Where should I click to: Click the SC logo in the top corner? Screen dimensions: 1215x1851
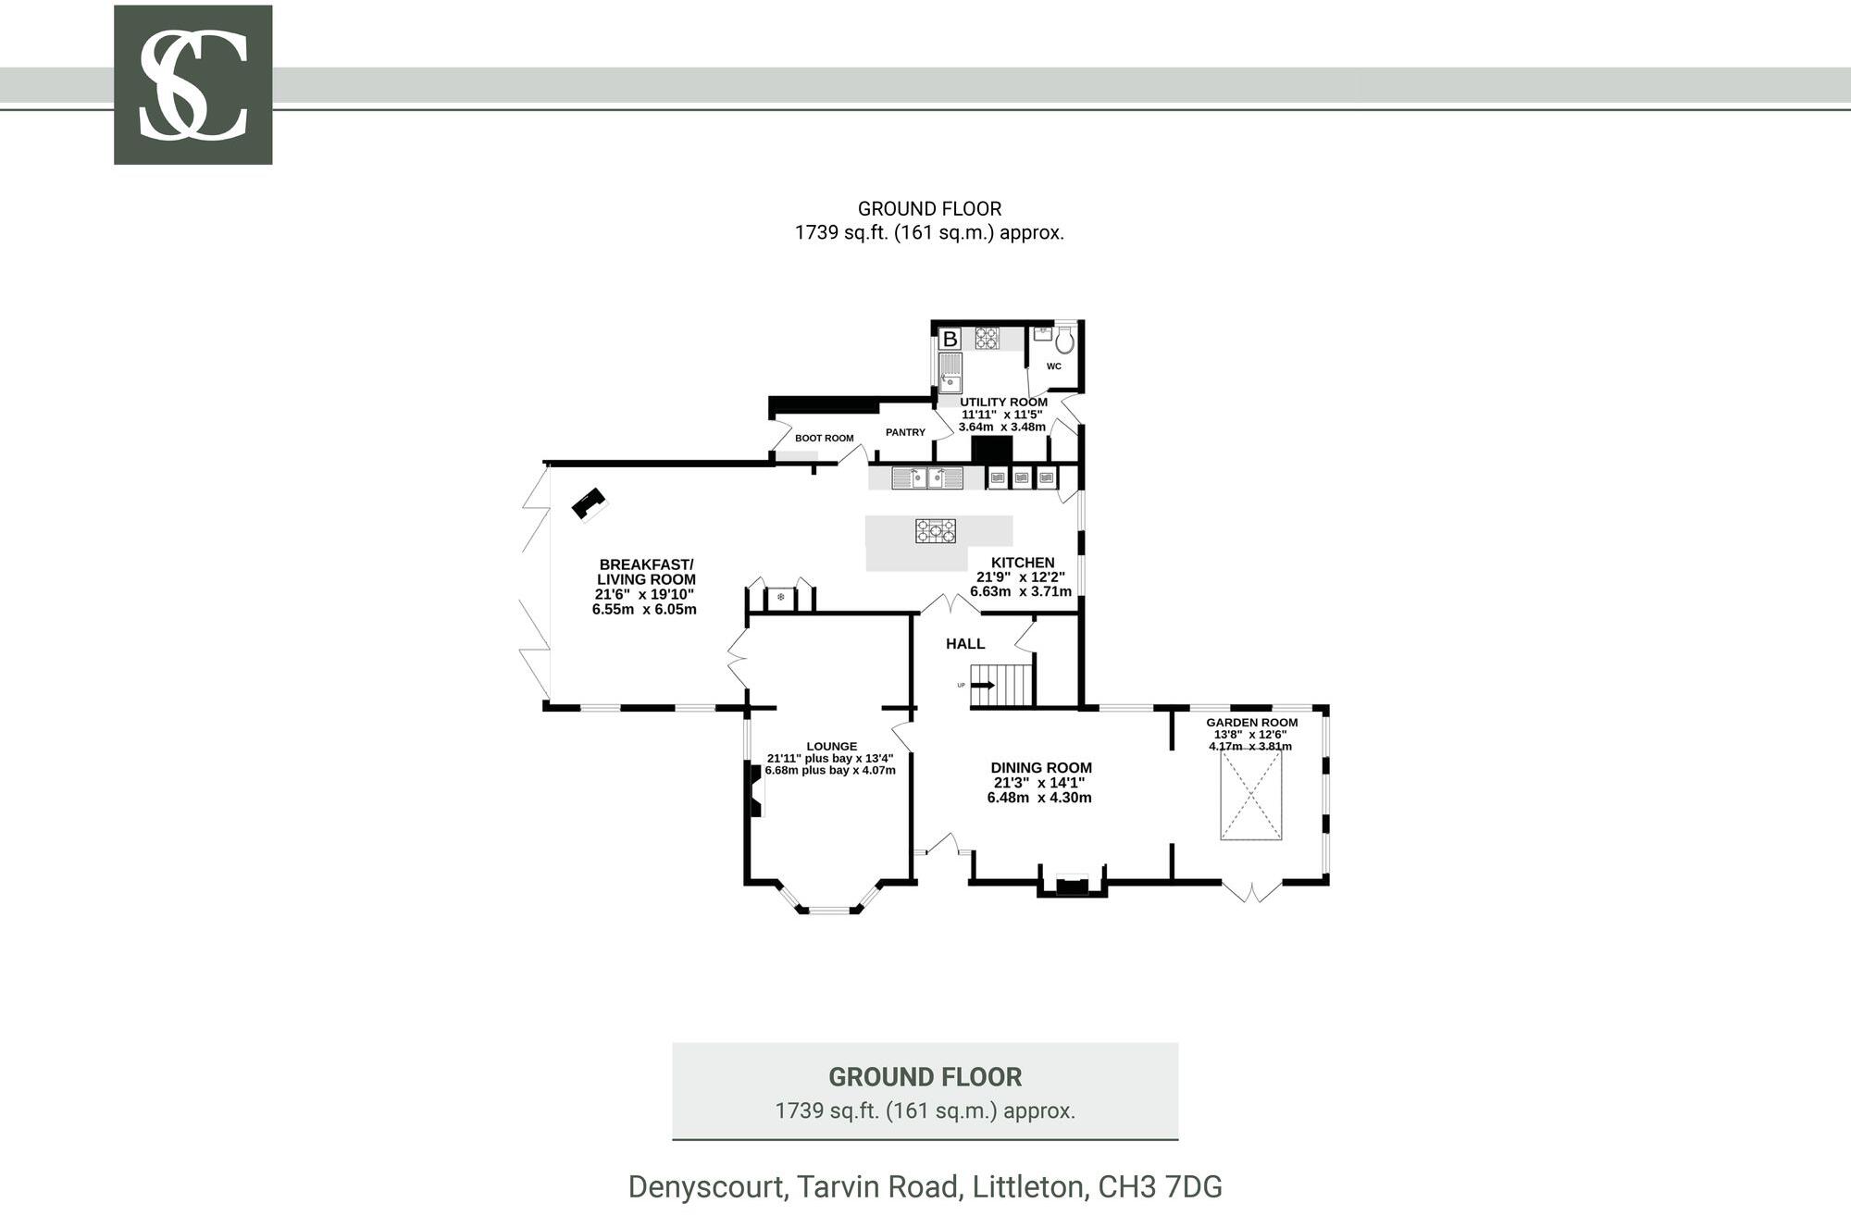[193, 85]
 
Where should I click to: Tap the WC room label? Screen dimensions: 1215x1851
[1053, 366]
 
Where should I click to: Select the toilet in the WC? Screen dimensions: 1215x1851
[1064, 341]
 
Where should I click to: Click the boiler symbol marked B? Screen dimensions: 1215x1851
[950, 340]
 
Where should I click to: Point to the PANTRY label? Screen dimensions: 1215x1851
[905, 432]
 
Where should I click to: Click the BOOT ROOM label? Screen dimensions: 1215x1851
[824, 439]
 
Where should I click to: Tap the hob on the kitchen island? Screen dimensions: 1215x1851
[936, 531]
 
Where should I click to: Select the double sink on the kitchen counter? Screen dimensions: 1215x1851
[927, 478]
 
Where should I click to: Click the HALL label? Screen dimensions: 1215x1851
[965, 644]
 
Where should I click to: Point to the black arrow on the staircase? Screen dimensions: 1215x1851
[982, 686]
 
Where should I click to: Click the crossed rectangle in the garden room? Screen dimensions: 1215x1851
[1251, 795]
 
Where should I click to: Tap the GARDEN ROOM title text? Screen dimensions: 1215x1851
[1251, 723]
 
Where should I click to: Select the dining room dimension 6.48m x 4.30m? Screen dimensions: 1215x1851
[1039, 798]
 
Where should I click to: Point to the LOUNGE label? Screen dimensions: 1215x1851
[831, 746]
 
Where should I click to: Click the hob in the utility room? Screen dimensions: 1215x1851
[987, 339]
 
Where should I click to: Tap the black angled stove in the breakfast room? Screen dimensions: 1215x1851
[588, 504]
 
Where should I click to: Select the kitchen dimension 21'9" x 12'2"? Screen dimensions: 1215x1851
[1021, 577]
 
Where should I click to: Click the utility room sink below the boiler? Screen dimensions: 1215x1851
[950, 375]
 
